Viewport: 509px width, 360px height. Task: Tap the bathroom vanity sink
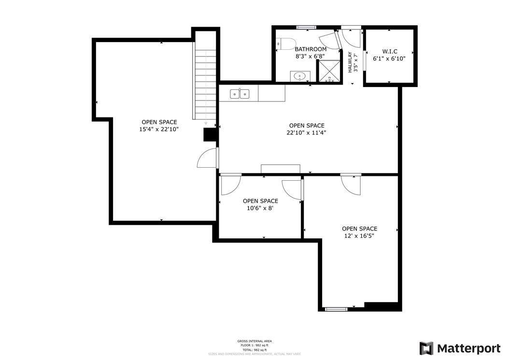coord(300,76)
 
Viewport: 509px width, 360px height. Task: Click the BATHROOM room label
coord(311,49)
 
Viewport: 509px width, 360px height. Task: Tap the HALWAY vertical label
coord(350,62)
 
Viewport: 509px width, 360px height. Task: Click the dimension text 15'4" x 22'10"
coord(159,130)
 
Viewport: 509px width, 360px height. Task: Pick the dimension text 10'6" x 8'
coord(260,208)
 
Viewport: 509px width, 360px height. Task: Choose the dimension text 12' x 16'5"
coord(359,236)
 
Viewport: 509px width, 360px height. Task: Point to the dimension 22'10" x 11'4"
coord(306,133)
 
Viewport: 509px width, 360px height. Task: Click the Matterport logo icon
coord(426,348)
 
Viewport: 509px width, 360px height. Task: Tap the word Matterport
coord(462,348)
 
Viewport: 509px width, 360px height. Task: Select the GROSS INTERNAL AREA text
coord(253,341)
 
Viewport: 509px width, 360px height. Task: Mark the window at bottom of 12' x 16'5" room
coord(336,309)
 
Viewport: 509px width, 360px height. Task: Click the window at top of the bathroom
coord(306,28)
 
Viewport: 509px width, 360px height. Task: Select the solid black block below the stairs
coord(210,134)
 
